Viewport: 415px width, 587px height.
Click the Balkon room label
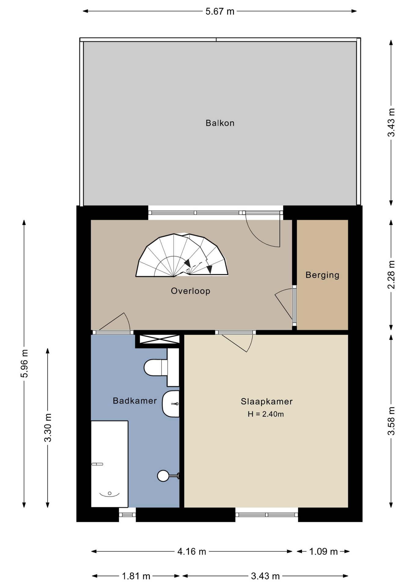point(220,123)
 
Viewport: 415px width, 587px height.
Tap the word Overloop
point(190,291)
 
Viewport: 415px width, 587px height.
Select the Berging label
point(322,275)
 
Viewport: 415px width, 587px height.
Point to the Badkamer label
point(135,401)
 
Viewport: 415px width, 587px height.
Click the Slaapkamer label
point(266,401)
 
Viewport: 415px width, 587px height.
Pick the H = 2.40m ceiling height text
point(266,414)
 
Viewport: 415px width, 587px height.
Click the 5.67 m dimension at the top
point(220,12)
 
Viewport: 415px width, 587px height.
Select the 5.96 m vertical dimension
point(24,364)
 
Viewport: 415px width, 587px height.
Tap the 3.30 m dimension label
point(48,427)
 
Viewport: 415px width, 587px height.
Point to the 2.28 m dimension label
point(391,275)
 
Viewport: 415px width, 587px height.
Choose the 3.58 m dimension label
point(391,421)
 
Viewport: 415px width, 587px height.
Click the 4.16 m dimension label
point(192,552)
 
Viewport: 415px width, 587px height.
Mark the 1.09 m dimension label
point(323,552)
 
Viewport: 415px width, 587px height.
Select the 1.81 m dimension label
point(136,576)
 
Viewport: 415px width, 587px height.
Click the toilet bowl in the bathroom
point(156,367)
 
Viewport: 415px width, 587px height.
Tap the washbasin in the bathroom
point(171,404)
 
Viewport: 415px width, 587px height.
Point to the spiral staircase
point(182,256)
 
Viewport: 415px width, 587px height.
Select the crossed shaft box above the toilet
point(160,339)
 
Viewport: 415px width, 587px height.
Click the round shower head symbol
point(163,476)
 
